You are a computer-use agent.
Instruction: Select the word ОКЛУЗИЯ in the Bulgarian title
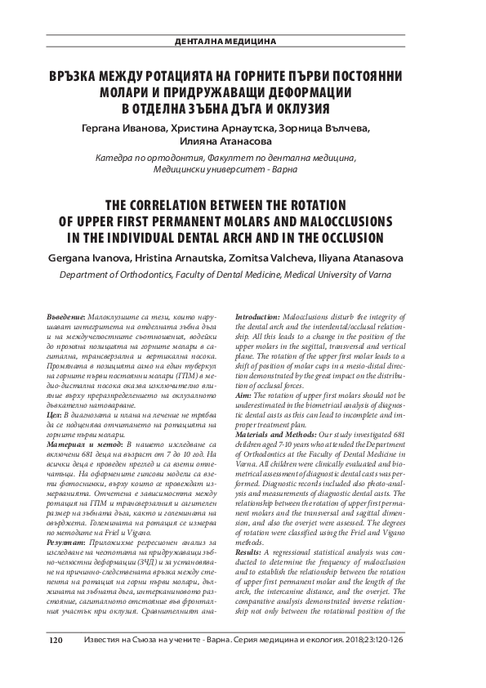click(x=298, y=108)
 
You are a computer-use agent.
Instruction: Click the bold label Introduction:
click(x=263, y=315)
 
